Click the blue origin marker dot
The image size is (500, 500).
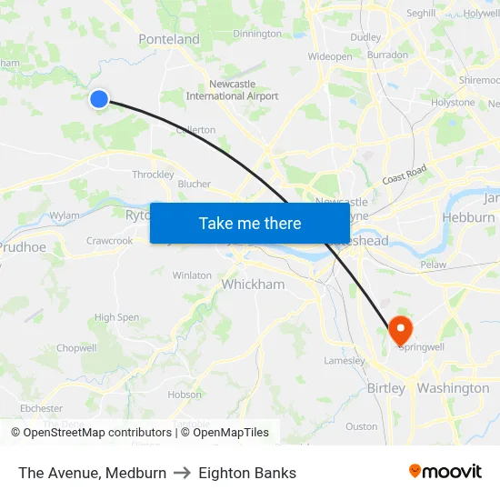point(99,99)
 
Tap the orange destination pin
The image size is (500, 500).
point(400,329)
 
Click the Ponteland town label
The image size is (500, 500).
point(169,39)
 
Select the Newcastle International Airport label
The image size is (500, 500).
point(232,89)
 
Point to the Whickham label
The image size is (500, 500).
point(253,285)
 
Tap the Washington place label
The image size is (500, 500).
point(453,388)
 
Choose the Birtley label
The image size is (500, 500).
point(385,388)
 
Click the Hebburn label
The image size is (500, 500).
point(468,217)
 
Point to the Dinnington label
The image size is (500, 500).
point(257,34)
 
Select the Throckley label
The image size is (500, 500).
point(153,175)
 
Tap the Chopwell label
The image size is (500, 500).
point(76,348)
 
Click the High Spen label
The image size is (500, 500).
point(117,317)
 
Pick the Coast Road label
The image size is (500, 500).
point(405,175)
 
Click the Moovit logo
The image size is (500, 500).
point(445,472)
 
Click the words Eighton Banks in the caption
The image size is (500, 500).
point(247,473)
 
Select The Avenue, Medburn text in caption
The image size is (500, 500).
point(92,473)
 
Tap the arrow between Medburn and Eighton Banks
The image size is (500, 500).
point(182,473)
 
